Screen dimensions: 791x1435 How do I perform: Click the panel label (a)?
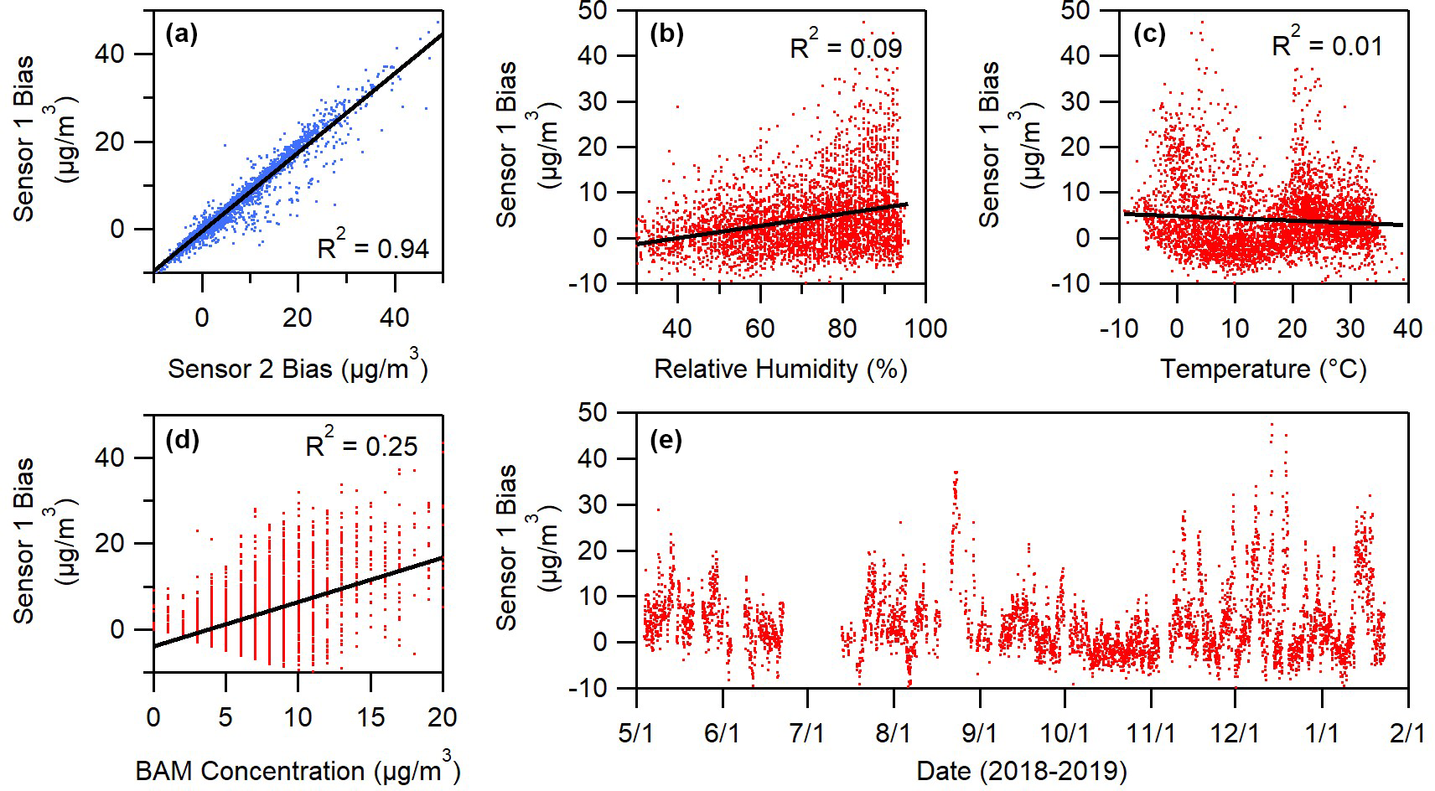point(182,34)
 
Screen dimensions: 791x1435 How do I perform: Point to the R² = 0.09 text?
point(846,46)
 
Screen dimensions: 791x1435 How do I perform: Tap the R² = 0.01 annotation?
point(1327,44)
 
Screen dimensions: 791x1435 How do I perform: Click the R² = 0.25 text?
point(361,445)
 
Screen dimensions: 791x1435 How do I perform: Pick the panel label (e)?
point(666,440)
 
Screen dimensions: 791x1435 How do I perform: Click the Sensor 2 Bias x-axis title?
point(298,369)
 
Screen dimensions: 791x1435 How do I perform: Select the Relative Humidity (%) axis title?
point(780,369)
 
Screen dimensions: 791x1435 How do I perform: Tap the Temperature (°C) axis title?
point(1263,369)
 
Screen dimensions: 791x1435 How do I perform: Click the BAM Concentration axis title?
point(298,769)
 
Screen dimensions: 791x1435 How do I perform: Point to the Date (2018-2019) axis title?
point(1022,770)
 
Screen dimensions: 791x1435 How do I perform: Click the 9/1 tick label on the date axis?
point(978,732)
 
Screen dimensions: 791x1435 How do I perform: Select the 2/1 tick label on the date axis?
point(1407,732)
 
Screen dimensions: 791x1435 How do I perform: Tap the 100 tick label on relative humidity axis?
point(925,328)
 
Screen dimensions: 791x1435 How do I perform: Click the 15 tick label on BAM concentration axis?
point(370,717)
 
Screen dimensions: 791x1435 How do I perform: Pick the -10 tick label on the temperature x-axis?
point(1118,328)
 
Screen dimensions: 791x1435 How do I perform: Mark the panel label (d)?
point(182,440)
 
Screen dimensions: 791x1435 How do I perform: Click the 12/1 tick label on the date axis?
point(1236,732)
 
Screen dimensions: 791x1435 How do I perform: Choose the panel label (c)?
point(1149,34)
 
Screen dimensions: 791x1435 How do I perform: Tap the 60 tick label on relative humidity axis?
point(759,328)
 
